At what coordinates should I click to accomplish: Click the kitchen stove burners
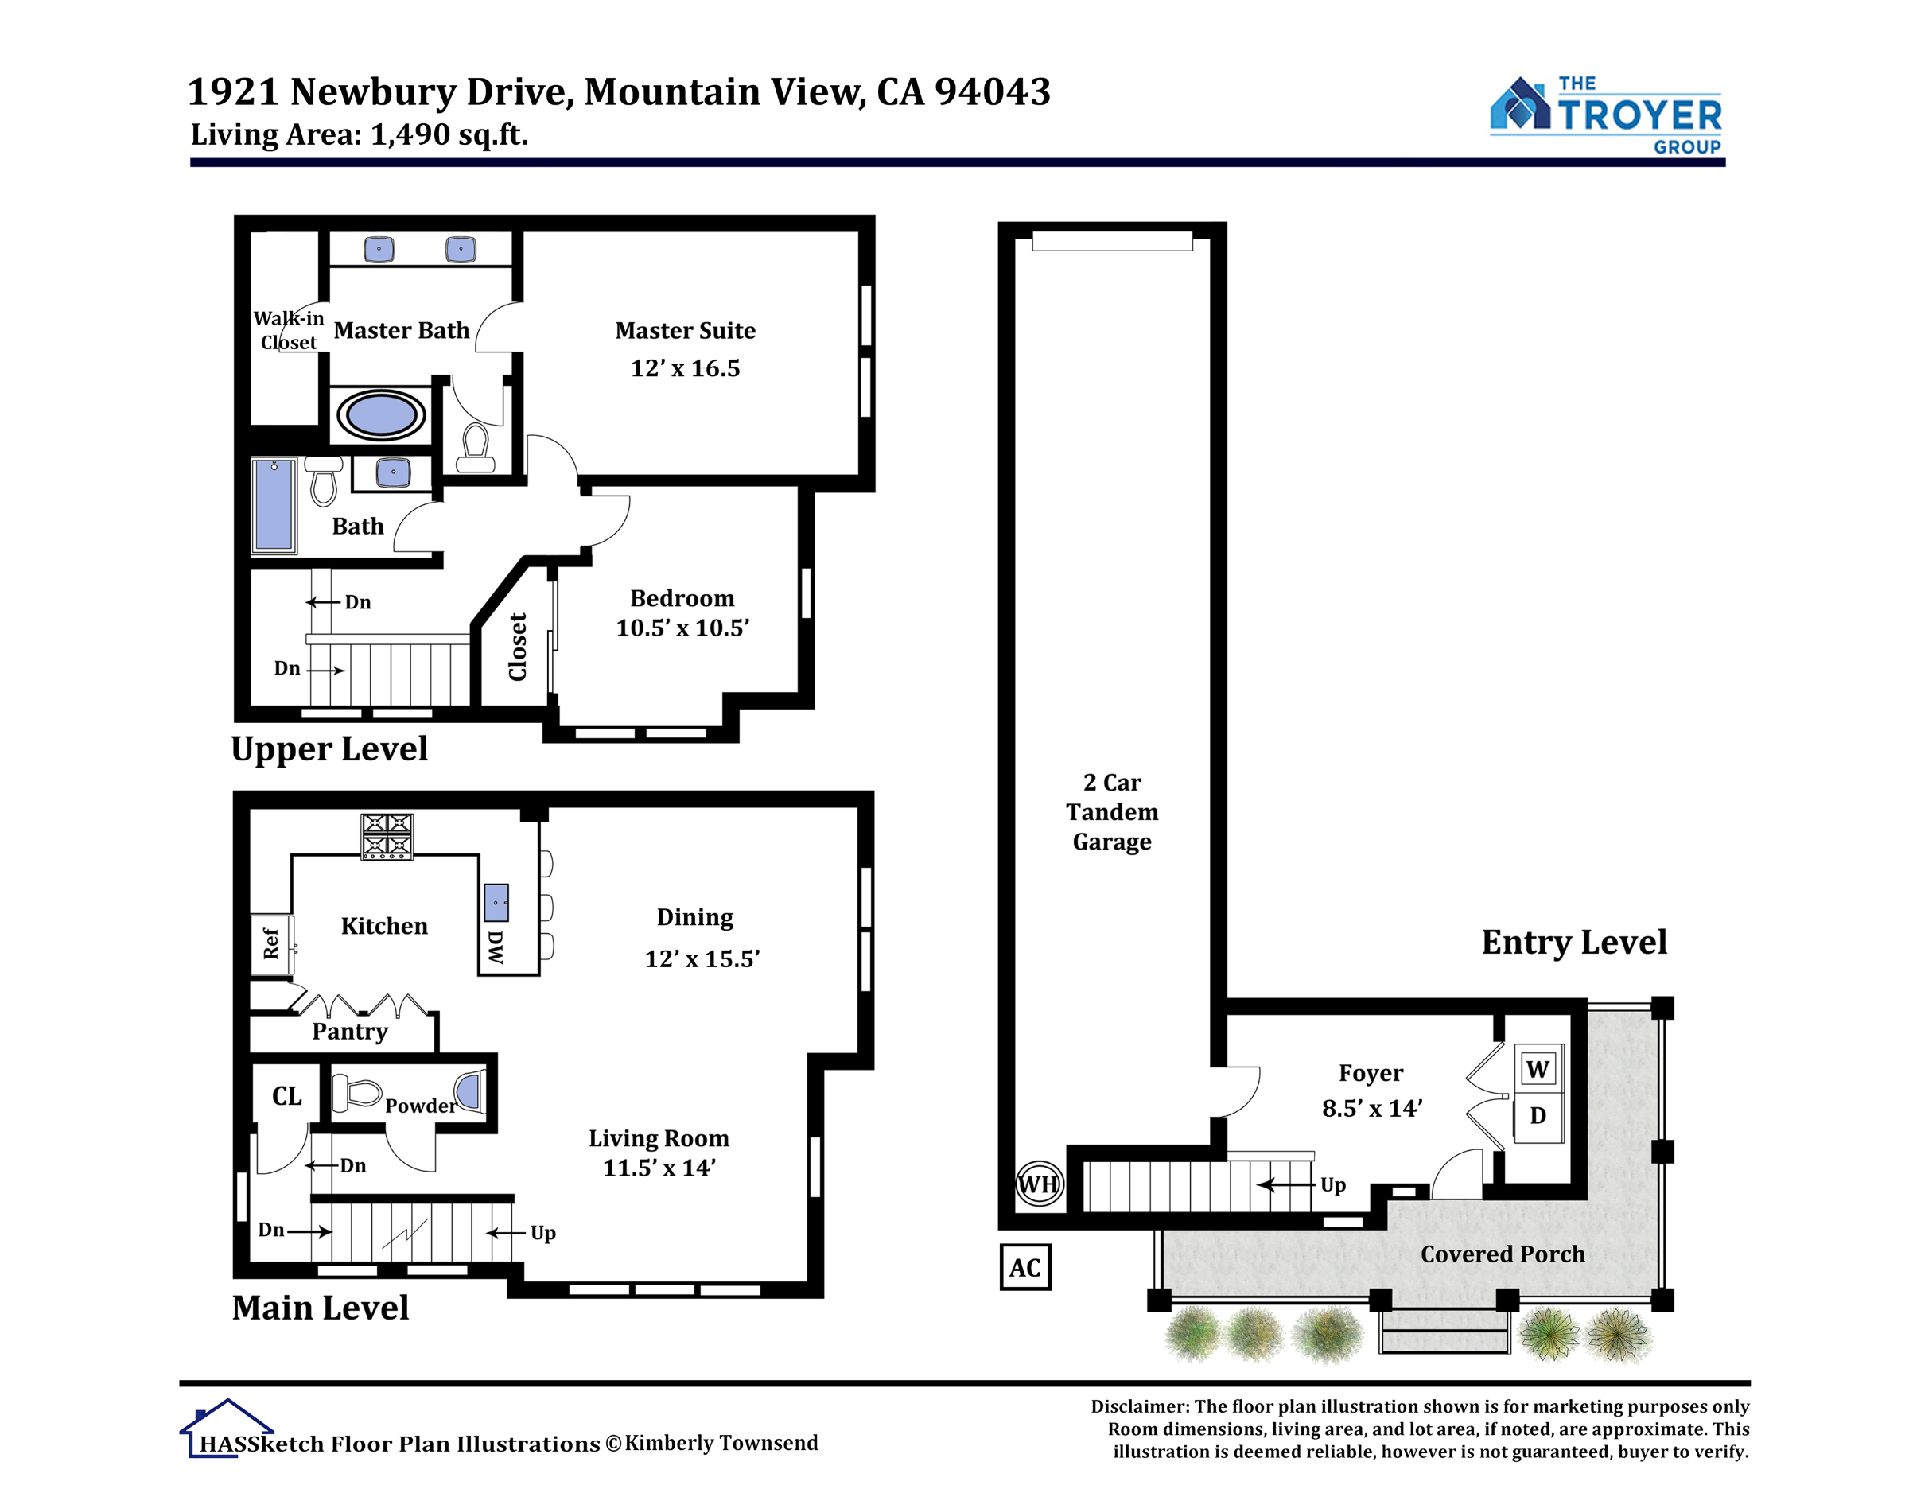[x=387, y=837]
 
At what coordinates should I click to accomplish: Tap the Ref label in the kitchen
[x=271, y=943]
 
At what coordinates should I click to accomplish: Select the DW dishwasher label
[x=496, y=947]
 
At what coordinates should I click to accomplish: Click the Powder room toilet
[x=356, y=1092]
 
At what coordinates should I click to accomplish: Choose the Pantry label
[x=350, y=1032]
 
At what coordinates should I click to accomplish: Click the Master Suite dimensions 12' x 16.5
[x=686, y=368]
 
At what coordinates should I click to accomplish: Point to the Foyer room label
[x=1371, y=1074]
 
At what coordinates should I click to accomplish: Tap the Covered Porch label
[x=1503, y=1254]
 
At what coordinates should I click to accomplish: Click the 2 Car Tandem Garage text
[x=1112, y=811]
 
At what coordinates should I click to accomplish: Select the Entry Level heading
[x=1574, y=943]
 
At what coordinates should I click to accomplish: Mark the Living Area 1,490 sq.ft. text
[x=360, y=134]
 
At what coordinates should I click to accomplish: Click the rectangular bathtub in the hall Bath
[x=274, y=505]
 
